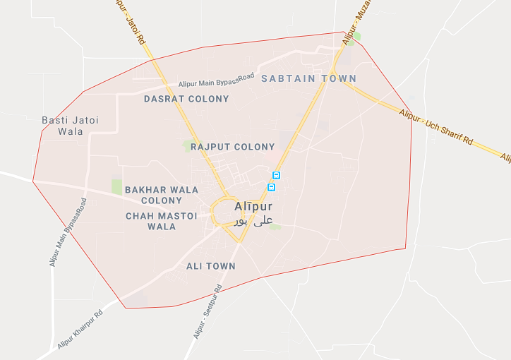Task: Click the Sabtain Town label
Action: [308, 78]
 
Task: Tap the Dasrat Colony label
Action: [186, 99]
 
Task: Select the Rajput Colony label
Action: [232, 147]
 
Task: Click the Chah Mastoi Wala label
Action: [161, 221]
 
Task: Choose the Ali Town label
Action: [210, 266]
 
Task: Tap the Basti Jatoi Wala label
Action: [71, 126]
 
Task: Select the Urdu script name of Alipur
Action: [253, 221]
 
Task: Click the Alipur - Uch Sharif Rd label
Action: [435, 128]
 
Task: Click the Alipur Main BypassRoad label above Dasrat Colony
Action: [215, 81]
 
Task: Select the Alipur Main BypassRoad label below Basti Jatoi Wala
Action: [68, 232]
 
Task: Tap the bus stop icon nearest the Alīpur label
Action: [271, 187]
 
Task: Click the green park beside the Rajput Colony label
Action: [187, 146]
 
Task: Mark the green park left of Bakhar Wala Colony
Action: [116, 186]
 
